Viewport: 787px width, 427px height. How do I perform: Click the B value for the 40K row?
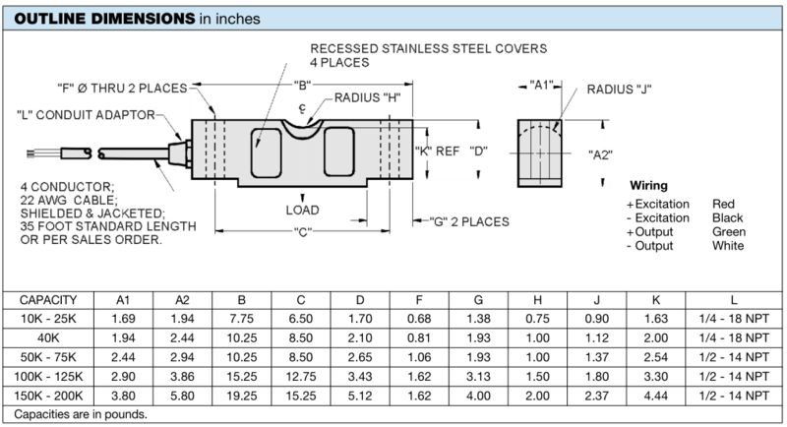241,338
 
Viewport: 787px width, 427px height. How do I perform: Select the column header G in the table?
478,300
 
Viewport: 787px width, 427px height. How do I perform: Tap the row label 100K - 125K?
48,376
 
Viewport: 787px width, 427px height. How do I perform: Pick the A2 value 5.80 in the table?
182,396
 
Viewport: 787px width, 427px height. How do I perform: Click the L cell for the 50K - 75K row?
733,357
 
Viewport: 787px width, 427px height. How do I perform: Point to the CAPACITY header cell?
48,300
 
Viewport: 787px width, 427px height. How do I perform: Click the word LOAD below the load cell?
302,211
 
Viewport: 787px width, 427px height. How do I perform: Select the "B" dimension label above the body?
302,86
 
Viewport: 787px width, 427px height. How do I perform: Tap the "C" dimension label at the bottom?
302,232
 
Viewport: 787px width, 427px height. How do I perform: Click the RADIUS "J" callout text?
619,90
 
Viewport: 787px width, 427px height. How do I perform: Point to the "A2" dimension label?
600,155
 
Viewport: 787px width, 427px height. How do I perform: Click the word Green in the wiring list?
729,232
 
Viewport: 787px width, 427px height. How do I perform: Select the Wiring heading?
648,185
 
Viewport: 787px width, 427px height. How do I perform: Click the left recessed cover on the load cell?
266,153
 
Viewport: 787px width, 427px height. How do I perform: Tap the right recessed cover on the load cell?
339,152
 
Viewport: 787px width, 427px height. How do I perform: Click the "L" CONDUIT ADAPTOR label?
86,115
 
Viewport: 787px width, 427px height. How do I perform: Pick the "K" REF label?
437,152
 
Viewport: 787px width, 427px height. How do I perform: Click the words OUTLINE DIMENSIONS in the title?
104,19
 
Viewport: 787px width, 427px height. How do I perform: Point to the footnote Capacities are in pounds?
81,414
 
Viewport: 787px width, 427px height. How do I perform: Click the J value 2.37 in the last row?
597,396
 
